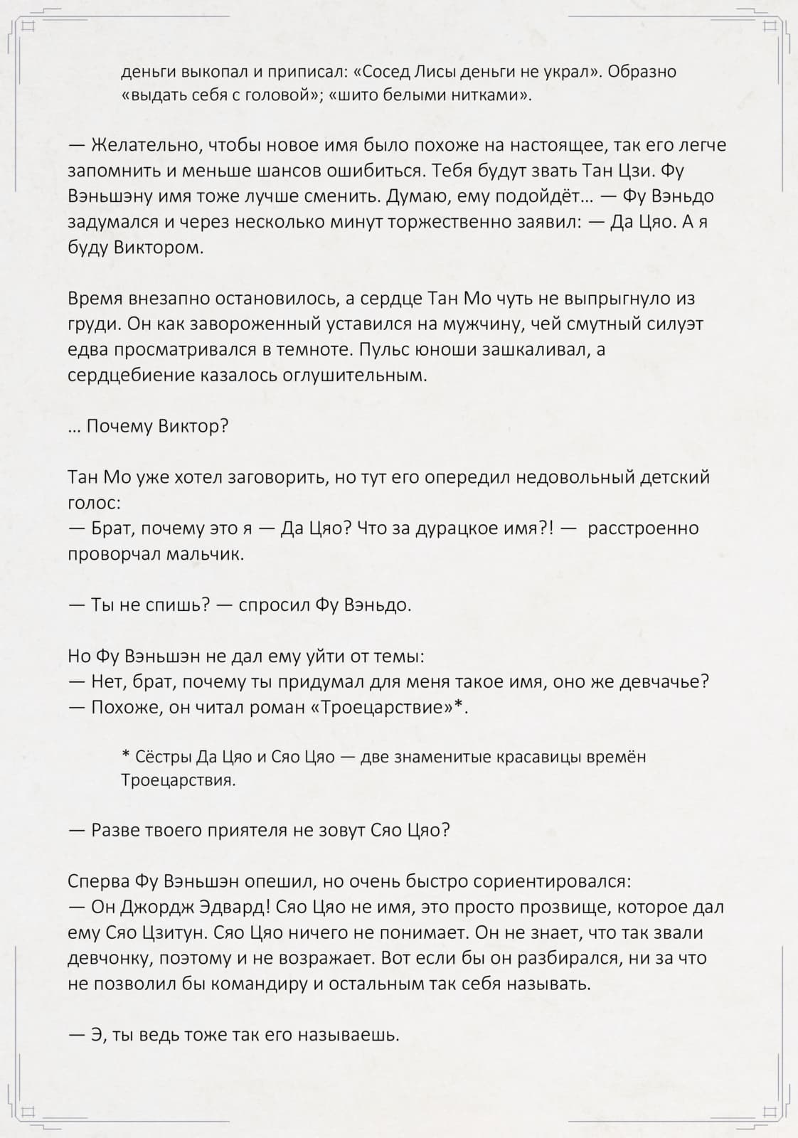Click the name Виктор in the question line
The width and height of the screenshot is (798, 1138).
point(193,427)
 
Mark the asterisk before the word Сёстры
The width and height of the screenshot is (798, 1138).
point(126,755)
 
